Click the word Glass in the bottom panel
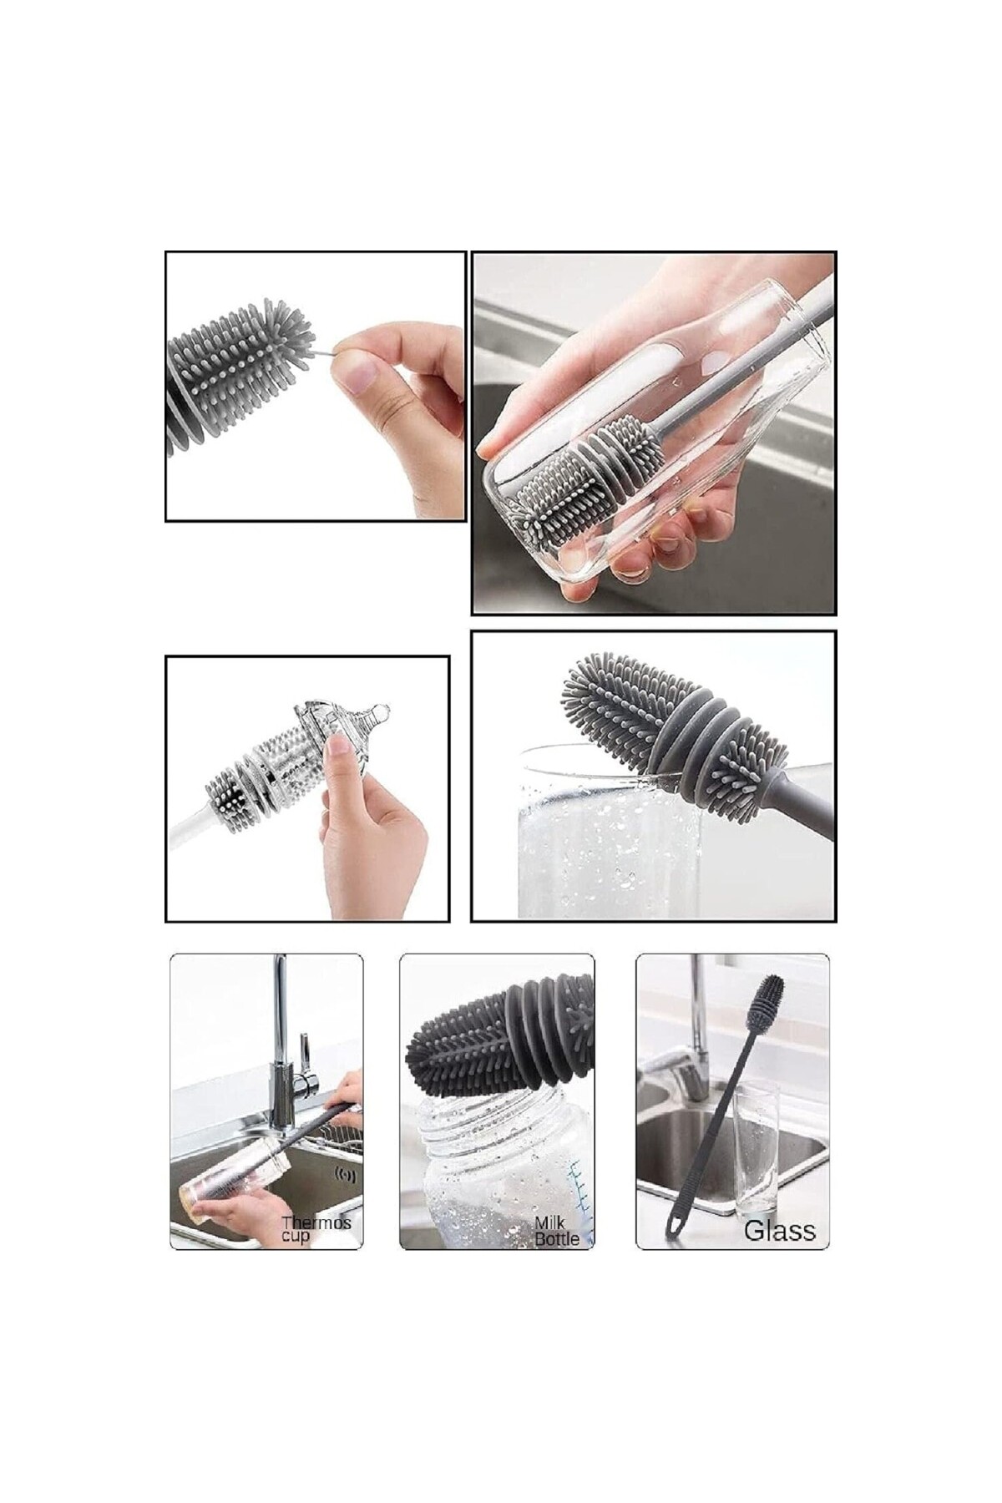(779, 1230)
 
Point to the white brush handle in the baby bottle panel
(185, 835)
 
